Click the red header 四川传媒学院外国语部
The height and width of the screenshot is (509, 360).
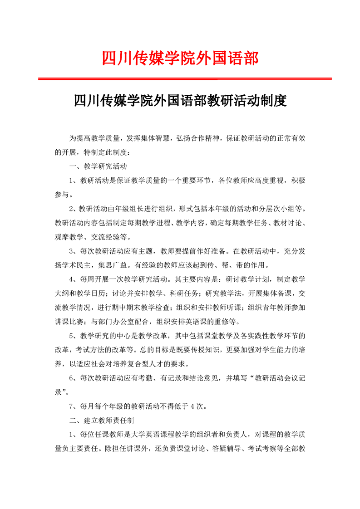click(x=180, y=59)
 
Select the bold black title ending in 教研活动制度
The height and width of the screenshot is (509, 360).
click(x=180, y=100)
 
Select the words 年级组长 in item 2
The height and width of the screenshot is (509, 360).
click(x=125, y=209)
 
